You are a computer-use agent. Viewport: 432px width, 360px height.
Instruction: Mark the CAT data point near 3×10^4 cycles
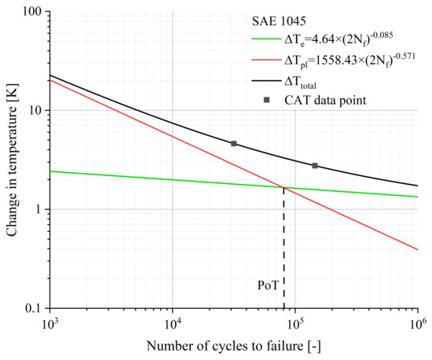(233, 144)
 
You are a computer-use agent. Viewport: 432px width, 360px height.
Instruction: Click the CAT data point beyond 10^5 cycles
(315, 166)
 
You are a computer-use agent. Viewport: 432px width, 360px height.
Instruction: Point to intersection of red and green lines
(284, 187)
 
